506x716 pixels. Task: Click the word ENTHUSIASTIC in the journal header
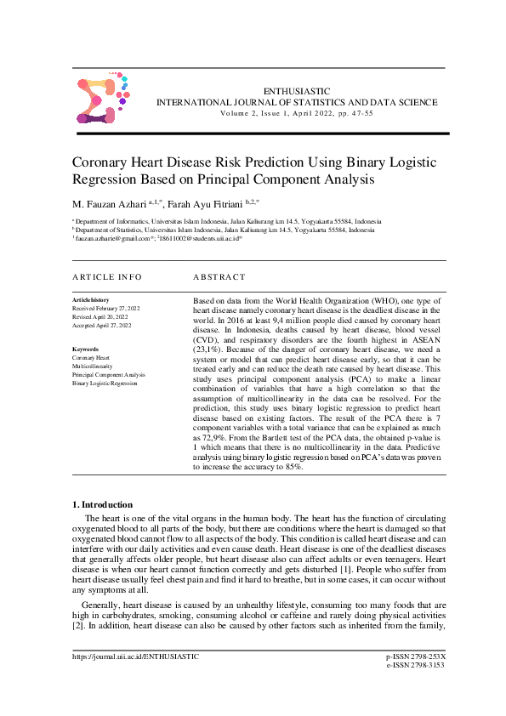pos(296,90)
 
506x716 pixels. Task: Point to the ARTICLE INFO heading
pos(107,277)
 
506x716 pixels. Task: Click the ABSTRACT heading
pos(219,277)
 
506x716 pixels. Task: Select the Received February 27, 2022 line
pos(106,309)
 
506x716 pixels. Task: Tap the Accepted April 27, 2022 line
pos(102,326)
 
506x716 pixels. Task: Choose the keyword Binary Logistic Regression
pos(105,384)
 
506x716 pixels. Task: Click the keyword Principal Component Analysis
pos(109,375)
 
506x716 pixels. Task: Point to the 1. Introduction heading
pos(102,505)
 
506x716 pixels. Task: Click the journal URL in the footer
pos(136,680)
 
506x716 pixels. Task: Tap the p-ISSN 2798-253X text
pos(416,680)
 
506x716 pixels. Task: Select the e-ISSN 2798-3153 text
pos(416,689)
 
